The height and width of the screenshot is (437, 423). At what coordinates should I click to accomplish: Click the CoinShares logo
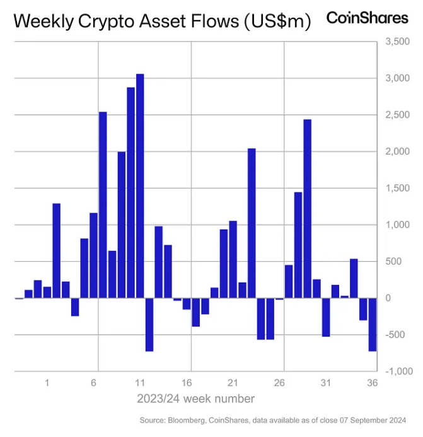coord(367,18)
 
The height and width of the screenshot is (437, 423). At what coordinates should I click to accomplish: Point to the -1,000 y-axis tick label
coord(395,371)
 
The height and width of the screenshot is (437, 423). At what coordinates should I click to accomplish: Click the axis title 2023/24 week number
coord(196,399)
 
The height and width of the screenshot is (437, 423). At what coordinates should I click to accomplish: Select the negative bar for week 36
coord(372,324)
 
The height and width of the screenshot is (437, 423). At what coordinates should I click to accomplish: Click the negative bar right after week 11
coord(149,324)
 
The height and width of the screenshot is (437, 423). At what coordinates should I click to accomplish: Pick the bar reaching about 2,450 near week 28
coord(307,208)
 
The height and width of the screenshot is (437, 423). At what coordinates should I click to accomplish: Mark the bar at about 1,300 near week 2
coord(56,250)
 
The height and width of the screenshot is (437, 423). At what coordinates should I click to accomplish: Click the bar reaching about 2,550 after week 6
coord(103,204)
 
